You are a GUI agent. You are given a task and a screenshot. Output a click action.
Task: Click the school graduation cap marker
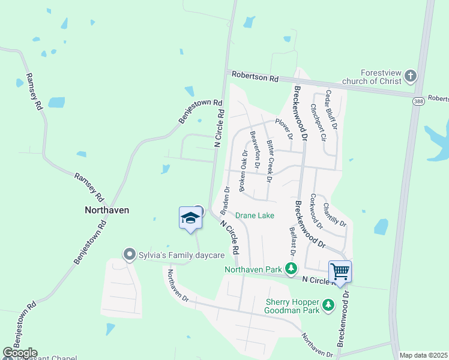pos(190,217)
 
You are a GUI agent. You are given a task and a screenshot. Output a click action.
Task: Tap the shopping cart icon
pos(340,271)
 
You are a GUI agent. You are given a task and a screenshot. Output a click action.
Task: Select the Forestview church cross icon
pos(411,76)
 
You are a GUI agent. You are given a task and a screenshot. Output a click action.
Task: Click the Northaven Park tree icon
pos(291,269)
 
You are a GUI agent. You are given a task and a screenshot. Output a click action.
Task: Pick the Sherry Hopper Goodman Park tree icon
pos(328,305)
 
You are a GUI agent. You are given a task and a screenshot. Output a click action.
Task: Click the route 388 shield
pos(418,101)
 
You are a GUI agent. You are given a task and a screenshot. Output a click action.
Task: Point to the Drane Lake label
pos(255,215)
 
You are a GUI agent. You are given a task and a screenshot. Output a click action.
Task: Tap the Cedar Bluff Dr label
pos(331,110)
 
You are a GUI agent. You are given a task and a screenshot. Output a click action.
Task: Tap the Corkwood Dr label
pos(317,212)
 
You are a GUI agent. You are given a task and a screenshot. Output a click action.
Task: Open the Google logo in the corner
pos(19,353)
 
